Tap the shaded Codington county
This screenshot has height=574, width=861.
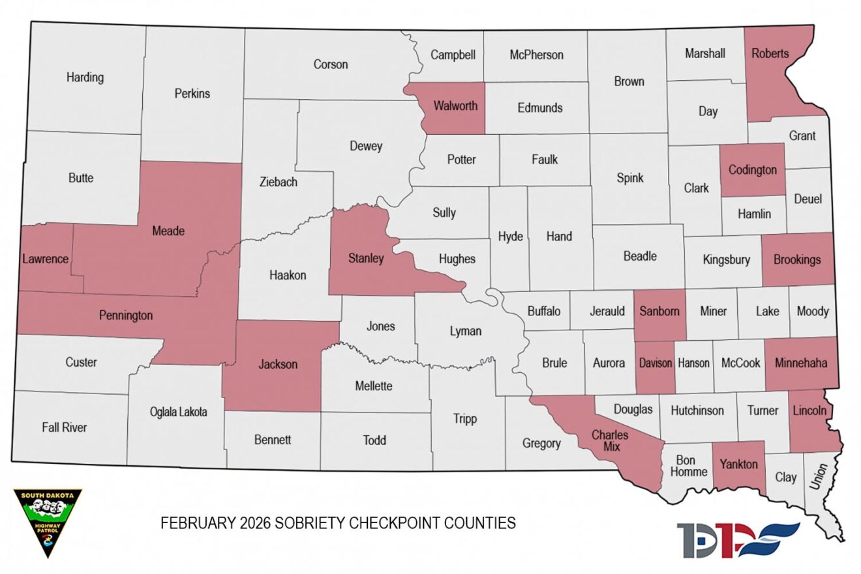point(753,170)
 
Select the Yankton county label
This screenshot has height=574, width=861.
point(738,465)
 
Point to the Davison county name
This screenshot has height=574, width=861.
point(656,364)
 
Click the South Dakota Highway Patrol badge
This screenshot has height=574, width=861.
point(48,522)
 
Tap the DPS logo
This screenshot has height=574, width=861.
point(737,539)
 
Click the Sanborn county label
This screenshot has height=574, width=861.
point(659,311)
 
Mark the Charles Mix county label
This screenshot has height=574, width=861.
point(610,441)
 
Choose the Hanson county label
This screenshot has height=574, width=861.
point(694,364)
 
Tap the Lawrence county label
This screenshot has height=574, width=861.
point(44,259)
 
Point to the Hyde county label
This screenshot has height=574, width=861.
point(510,237)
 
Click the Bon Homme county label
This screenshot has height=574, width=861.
point(687,466)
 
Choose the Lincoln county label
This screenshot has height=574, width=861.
point(809,411)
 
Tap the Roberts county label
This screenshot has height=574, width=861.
point(770,53)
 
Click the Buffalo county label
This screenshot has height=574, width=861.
point(543,311)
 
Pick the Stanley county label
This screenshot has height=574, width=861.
point(365,259)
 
